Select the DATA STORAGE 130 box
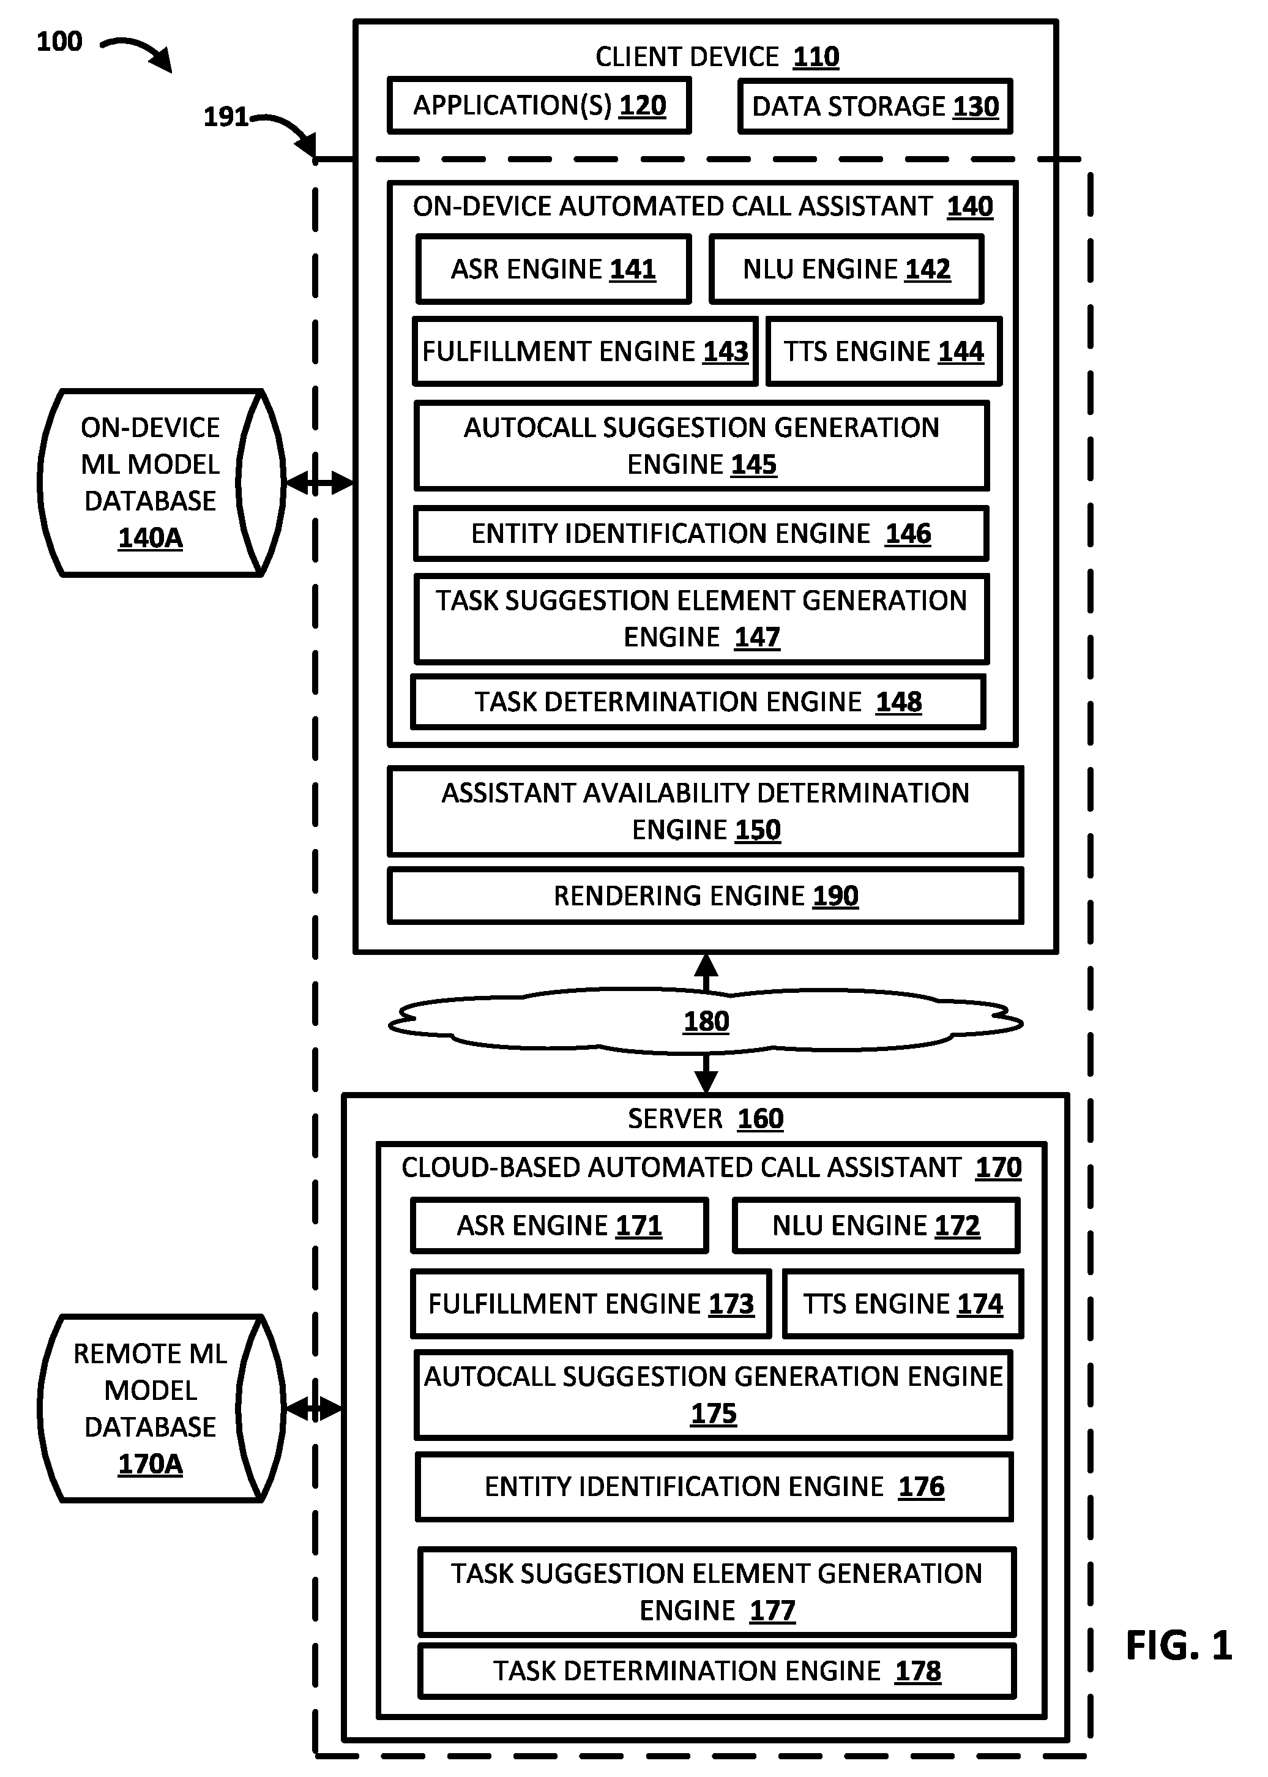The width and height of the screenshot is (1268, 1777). (x=875, y=106)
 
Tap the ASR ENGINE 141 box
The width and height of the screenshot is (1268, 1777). (x=554, y=269)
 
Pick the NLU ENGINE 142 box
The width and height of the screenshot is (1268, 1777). (x=846, y=269)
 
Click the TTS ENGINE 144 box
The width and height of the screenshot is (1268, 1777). (x=884, y=351)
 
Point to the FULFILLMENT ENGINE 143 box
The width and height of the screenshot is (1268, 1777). (x=585, y=351)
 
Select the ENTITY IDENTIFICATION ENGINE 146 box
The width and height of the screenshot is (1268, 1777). (x=701, y=534)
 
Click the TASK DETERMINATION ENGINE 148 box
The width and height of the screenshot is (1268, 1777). (x=698, y=702)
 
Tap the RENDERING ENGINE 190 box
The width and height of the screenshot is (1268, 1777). (x=706, y=896)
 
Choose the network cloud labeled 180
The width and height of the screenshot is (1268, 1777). (x=706, y=1021)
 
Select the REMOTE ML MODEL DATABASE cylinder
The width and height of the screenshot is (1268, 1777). (x=161, y=1409)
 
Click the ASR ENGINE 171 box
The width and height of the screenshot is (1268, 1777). (x=560, y=1226)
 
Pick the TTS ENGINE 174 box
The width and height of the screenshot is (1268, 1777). (x=903, y=1304)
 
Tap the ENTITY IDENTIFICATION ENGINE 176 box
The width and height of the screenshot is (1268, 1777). (x=714, y=1487)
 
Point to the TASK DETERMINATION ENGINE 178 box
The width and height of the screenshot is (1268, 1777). (x=717, y=1671)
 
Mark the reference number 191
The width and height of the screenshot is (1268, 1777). (x=226, y=117)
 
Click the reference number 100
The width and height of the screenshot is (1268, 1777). (x=59, y=42)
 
